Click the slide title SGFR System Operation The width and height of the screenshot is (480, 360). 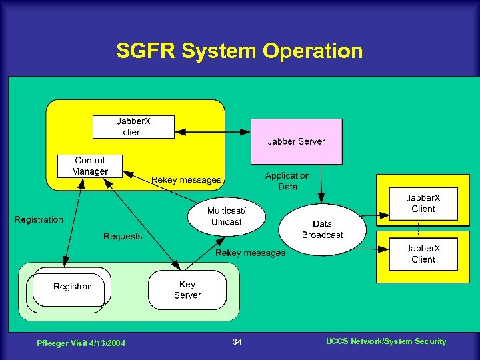239,51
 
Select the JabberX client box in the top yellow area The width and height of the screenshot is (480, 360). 133,127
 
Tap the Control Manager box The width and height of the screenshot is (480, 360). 90,166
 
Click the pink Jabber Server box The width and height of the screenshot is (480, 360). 296,141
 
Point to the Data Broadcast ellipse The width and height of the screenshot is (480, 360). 322,229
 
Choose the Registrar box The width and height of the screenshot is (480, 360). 71,287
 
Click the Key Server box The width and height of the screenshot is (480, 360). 187,289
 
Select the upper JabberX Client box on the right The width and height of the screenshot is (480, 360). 423,203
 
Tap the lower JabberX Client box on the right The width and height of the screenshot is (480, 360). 423,254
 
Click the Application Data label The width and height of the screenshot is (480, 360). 287,181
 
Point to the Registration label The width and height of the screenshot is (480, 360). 39,219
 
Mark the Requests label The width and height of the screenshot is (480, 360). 123,236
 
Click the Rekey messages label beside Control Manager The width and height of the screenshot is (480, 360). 186,180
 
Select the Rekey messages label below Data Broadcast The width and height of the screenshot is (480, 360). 250,253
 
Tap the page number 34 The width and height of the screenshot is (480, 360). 237,342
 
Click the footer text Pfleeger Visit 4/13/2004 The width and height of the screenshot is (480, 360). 81,343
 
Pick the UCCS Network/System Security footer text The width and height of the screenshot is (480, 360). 386,341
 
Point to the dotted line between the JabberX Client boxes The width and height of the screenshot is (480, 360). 418,229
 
